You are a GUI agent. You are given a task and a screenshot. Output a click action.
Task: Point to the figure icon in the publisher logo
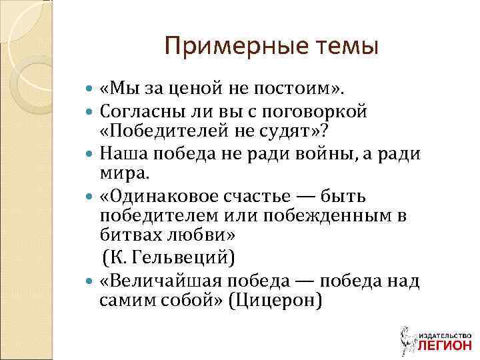(404, 337)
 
